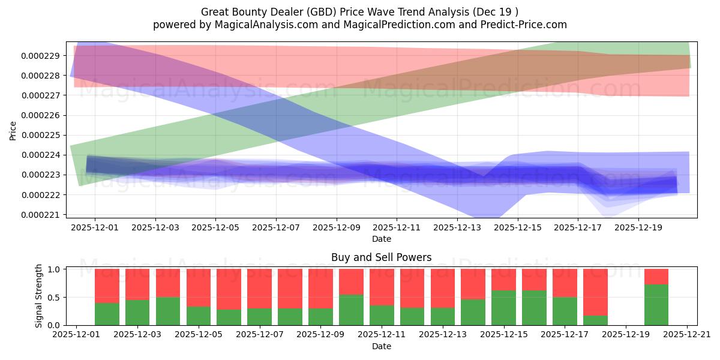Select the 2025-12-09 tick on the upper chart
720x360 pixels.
click(336, 227)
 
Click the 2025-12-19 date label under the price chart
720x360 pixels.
click(638, 227)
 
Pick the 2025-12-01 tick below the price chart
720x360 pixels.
click(95, 227)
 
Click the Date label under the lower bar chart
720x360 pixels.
click(381, 346)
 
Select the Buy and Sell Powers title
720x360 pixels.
click(381, 257)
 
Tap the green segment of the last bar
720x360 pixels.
click(656, 305)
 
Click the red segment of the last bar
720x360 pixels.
click(656, 277)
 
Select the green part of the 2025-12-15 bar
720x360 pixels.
click(503, 308)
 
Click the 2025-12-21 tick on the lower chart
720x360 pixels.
click(687, 334)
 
